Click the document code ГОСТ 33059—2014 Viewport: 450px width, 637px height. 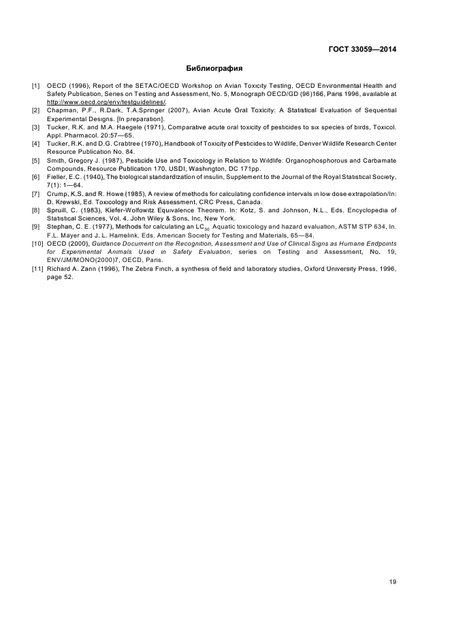[x=362, y=49]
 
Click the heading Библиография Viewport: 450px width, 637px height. [x=214, y=69]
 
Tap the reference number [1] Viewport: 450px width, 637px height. [x=35, y=86]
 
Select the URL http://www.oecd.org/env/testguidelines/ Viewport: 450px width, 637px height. [x=107, y=101]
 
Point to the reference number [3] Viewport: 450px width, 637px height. [x=35, y=127]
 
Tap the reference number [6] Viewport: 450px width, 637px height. [x=35, y=177]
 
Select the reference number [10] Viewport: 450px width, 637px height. [x=37, y=243]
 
